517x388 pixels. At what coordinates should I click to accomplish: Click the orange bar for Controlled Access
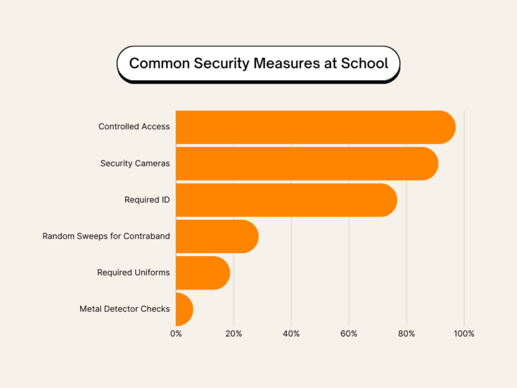point(315,127)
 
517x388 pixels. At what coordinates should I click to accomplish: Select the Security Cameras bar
point(306,164)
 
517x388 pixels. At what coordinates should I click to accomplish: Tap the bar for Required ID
point(286,200)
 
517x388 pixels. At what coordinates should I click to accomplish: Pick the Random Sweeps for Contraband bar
point(217,236)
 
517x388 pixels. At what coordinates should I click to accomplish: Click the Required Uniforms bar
point(203,273)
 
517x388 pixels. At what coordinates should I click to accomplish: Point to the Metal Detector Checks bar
point(184,309)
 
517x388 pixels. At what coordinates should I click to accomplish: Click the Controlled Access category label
point(134,127)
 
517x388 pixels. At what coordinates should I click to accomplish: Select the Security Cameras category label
point(135,163)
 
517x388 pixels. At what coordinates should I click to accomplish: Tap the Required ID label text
point(147,199)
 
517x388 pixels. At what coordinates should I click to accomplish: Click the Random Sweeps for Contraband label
point(106,236)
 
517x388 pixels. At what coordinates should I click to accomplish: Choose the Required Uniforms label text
point(133,272)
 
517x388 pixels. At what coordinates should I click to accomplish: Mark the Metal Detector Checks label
point(125,309)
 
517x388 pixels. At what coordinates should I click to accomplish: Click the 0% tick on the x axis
point(176,333)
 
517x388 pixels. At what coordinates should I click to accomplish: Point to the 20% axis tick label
point(234,333)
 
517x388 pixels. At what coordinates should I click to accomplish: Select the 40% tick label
point(291,333)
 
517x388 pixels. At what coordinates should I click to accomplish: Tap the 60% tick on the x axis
point(349,333)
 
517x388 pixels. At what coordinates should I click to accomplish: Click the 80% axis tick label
point(407,333)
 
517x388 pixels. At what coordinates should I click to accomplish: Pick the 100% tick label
point(464,333)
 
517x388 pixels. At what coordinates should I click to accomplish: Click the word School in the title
point(364,64)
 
